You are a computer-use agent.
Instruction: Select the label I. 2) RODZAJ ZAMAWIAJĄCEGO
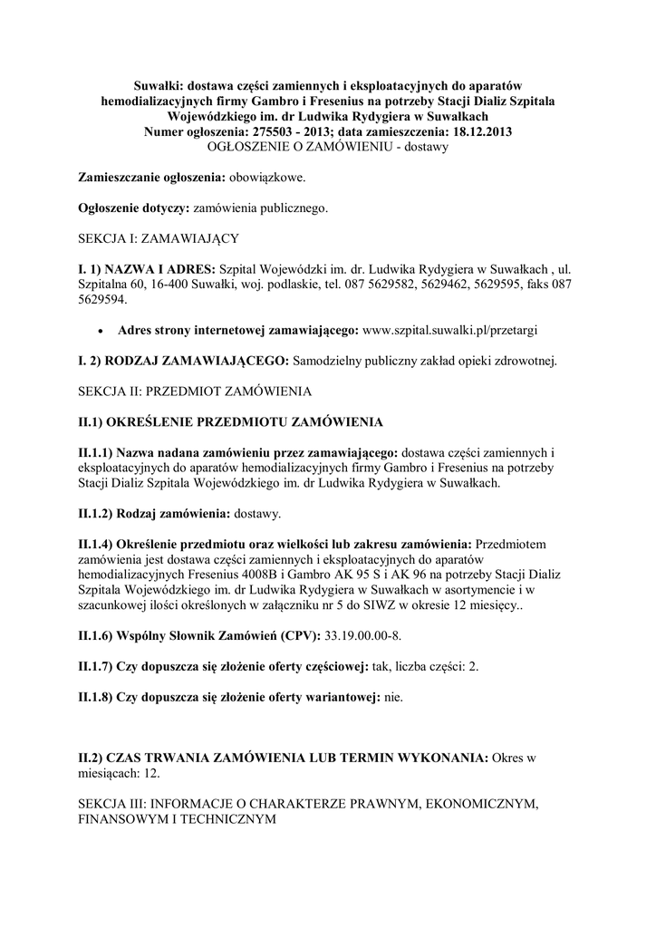click(183, 361)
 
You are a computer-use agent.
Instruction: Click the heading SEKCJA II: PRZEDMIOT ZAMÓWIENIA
click(195, 391)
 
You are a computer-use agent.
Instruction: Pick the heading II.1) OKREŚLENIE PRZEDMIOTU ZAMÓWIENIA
click(231, 422)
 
